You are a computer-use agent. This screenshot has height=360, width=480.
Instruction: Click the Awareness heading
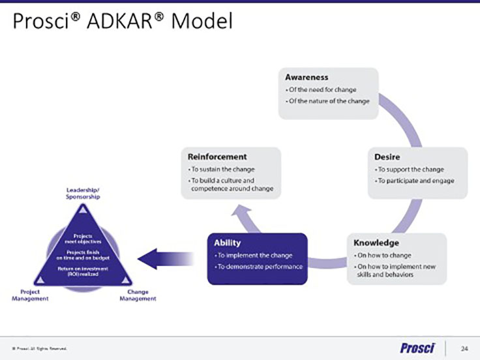307,77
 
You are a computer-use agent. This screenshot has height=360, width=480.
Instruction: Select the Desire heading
388,157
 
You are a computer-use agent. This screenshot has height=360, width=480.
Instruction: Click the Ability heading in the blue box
228,243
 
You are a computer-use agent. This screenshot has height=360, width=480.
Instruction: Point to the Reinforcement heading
217,157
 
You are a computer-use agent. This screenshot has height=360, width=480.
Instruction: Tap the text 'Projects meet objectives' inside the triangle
83,239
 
